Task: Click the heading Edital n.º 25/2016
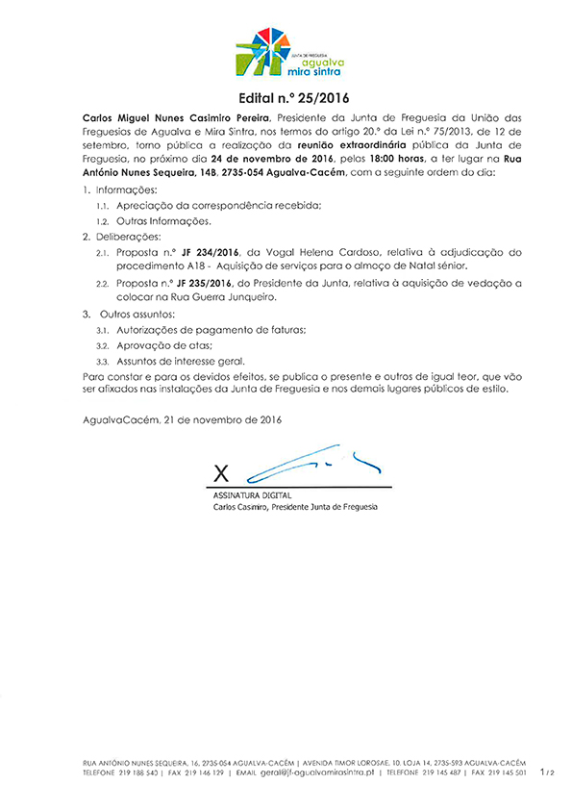[x=286, y=97]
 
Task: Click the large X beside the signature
[x=222, y=472]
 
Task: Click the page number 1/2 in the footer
[x=548, y=771]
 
